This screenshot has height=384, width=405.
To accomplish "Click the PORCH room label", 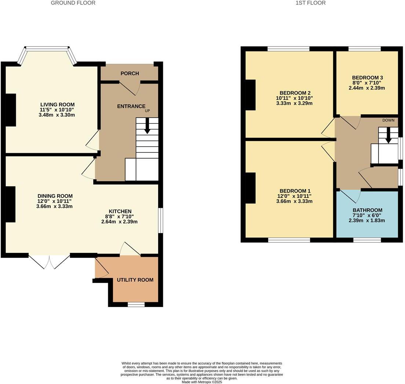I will point(130,73).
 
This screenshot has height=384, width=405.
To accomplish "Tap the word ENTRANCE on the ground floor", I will point(131,106).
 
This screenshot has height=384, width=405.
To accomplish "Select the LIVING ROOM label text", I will point(57,104).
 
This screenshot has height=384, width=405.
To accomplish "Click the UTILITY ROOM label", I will point(135,280).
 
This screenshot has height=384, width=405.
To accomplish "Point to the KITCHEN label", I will point(120,211).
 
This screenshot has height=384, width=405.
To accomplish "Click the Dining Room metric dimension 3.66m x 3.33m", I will point(54,206).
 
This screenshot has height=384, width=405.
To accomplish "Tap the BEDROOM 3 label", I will point(367,78).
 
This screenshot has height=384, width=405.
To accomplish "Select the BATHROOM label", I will point(367,210).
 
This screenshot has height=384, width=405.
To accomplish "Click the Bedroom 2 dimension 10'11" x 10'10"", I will point(294,98).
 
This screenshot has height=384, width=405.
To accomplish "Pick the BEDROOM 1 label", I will point(295,191).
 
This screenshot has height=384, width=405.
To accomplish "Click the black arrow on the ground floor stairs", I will point(147,126).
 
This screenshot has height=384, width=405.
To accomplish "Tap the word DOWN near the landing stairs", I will point(388,120).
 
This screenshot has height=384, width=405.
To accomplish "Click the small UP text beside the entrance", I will point(147,111).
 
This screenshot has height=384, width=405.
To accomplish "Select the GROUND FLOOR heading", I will point(73,3).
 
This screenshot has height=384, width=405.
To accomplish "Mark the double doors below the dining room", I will point(49,261).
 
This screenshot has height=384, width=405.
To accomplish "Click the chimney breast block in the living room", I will point(11,110).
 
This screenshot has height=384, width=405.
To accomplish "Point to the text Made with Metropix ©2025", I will point(202,382).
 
